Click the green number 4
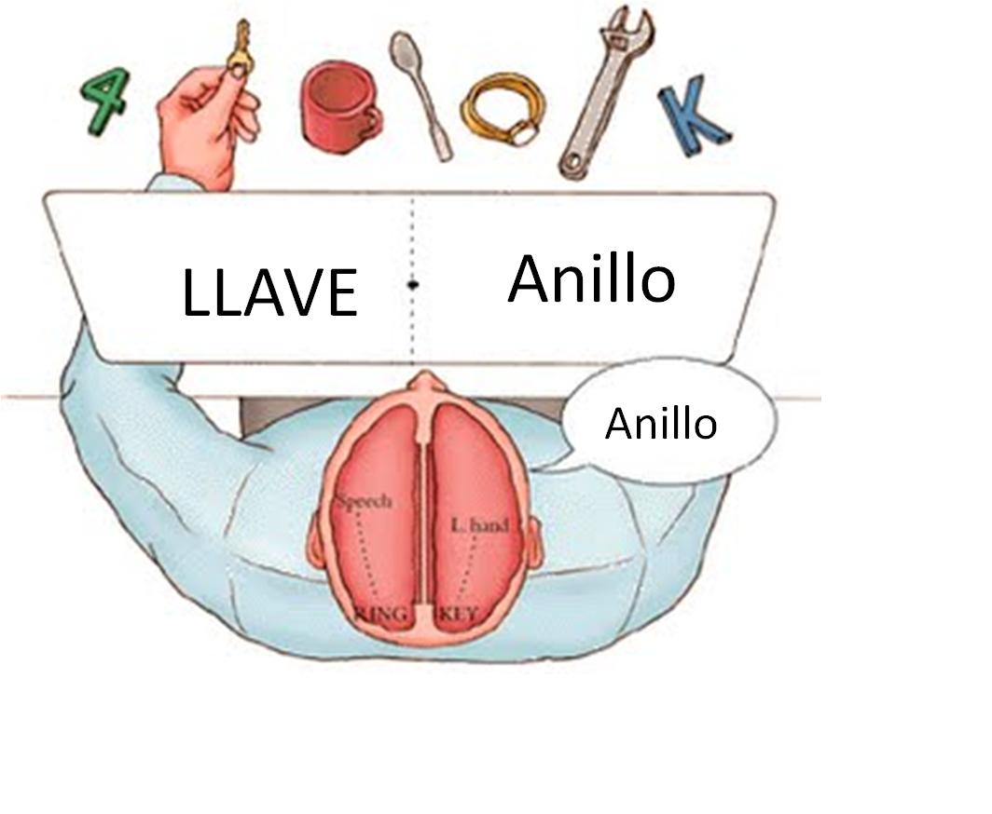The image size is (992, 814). pyautogui.click(x=104, y=102)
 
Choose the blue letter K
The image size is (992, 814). pyautogui.click(x=694, y=119)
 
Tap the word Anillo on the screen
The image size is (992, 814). pyautogui.click(x=591, y=278)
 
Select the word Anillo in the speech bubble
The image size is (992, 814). pyautogui.click(x=661, y=424)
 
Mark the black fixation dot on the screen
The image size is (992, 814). pyautogui.click(x=412, y=285)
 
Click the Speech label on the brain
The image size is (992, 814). pyautogui.click(x=365, y=501)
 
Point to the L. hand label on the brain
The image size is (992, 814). pyautogui.click(x=479, y=526)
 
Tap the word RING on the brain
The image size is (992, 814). pyautogui.click(x=382, y=614)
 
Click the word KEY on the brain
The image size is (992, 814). pyautogui.click(x=457, y=614)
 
